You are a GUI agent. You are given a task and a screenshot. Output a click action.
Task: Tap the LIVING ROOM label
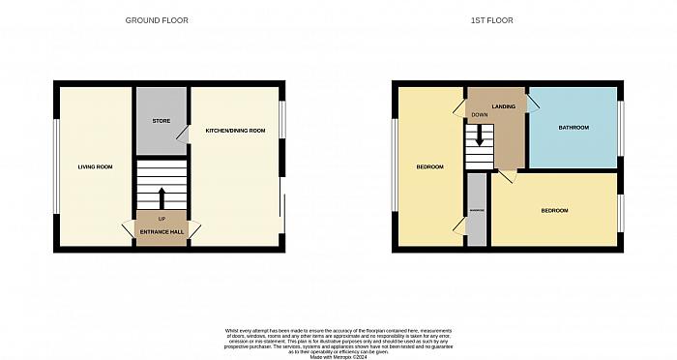95,167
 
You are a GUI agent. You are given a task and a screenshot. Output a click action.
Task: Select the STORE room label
162,121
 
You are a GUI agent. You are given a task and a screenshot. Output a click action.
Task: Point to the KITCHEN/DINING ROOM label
234,130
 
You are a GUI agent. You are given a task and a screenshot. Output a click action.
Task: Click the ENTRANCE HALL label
162,232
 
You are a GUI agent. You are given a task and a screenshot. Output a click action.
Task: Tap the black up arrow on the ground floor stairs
162,196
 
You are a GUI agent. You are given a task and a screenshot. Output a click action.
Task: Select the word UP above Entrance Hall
162,219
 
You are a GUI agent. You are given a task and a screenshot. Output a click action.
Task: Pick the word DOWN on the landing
480,114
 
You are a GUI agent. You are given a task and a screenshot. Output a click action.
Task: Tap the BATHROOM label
573,128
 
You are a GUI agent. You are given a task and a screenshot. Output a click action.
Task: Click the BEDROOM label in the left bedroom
429,167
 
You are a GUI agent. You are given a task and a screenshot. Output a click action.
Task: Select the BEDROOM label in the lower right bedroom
554,211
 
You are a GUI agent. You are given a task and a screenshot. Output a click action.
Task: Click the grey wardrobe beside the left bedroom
477,210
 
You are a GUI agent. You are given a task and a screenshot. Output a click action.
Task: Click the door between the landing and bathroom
532,104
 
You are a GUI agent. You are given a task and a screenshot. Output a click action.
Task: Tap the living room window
56,167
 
